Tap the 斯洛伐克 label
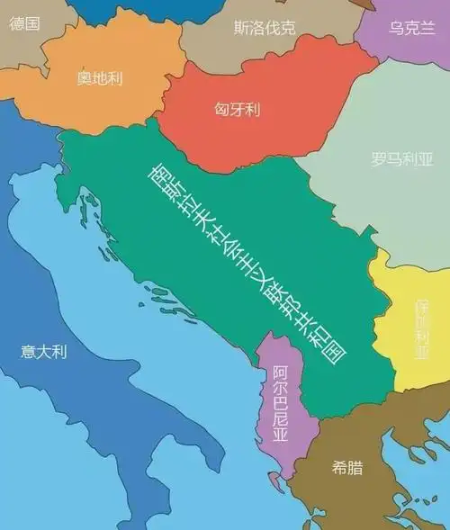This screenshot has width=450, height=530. [x=264, y=27]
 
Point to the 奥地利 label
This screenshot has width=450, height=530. [x=99, y=78]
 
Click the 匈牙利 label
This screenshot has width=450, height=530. [x=238, y=110]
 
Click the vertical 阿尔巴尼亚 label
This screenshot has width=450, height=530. [x=280, y=404]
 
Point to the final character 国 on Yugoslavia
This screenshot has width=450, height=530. [x=335, y=351]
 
